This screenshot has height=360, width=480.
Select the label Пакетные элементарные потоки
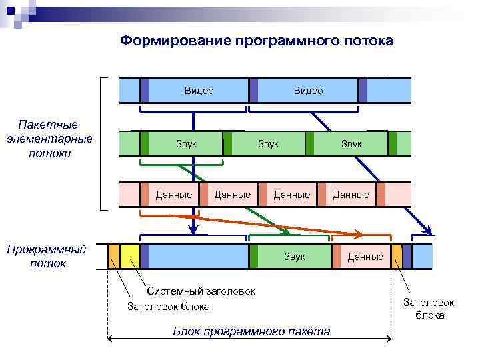tap(48, 139)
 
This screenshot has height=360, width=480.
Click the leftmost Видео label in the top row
tap(199, 91)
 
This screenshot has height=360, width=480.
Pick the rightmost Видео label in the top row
tap(308, 91)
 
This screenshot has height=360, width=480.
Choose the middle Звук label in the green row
tap(269, 143)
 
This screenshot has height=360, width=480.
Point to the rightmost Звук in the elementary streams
tap(351, 143)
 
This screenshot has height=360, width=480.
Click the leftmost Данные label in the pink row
tap(174, 195)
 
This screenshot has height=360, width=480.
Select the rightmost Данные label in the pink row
tap(351, 195)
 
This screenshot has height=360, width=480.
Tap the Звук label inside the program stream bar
tap(294, 256)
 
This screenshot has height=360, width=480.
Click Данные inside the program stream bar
tap(365, 257)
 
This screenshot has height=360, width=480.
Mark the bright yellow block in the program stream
tap(130, 256)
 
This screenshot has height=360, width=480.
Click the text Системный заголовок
tap(201, 291)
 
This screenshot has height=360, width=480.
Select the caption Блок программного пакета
tap(251, 331)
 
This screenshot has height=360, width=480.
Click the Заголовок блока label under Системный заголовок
tap(169, 307)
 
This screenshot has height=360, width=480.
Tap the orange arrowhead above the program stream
tap(358, 234)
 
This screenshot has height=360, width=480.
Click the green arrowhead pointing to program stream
tap(285, 231)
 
